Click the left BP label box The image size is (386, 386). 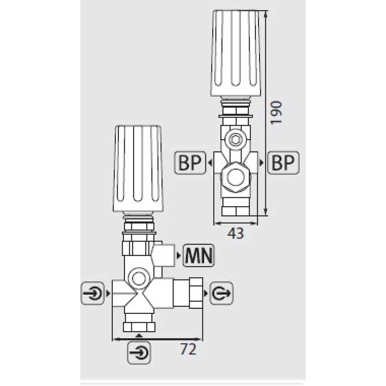[190, 163]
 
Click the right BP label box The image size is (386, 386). [283, 163]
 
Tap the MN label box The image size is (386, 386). [198, 256]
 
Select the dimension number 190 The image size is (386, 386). [276, 112]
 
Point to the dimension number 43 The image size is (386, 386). [235, 233]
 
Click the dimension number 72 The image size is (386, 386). [188, 349]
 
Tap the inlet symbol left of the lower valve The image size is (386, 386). [93, 293]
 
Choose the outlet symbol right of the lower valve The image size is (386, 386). [221, 293]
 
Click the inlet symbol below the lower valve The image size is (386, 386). [139, 352]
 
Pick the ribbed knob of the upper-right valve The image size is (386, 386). [236, 53]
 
